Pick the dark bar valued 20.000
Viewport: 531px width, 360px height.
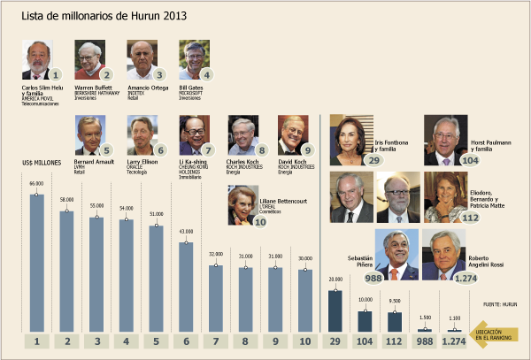pyautogui.click(x=335, y=310)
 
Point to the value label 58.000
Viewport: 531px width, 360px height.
pyautogui.click(x=66, y=199)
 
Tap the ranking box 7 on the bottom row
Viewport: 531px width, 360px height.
pyautogui.click(x=216, y=341)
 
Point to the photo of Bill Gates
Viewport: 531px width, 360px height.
pyautogui.click(x=192, y=59)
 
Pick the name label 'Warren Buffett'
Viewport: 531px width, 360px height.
pyautogui.click(x=94, y=87)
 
